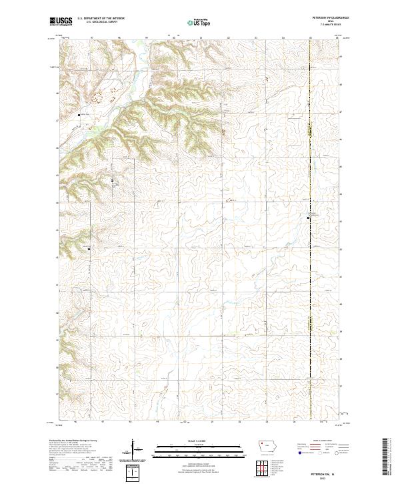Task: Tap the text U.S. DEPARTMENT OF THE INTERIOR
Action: point(101,19)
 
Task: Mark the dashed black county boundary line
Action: point(311,167)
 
